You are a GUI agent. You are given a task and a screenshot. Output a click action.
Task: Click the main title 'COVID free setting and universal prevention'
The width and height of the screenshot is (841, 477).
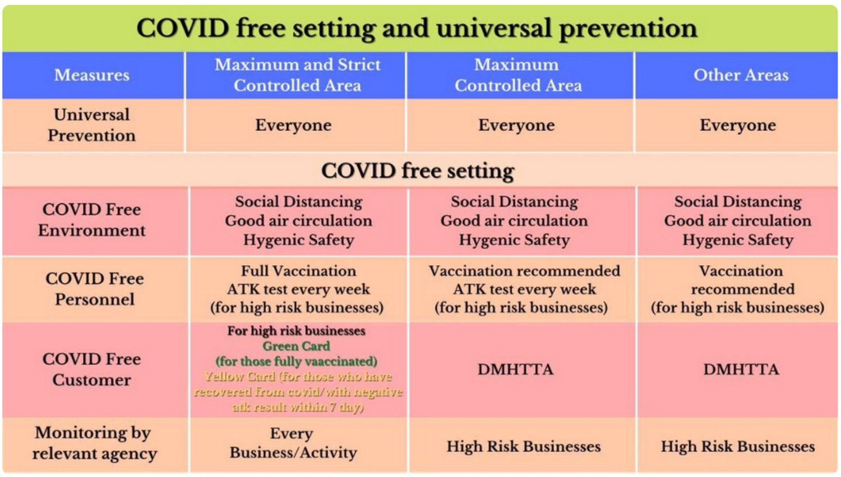click(x=417, y=29)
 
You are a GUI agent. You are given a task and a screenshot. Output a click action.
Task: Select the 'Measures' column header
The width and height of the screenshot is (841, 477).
click(x=92, y=75)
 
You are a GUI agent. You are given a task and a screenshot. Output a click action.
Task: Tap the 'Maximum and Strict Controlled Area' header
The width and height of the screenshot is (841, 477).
click(x=297, y=75)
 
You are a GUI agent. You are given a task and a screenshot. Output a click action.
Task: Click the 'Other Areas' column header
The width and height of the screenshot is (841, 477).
click(x=741, y=75)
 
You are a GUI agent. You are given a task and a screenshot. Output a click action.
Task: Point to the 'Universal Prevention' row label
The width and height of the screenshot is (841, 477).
click(x=92, y=125)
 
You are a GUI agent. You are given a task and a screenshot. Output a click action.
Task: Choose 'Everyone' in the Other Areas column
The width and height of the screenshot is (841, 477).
click(x=738, y=126)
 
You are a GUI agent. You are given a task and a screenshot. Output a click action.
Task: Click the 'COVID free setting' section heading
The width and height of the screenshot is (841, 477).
click(x=418, y=172)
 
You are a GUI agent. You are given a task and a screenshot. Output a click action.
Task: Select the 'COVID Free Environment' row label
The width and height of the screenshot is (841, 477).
click(x=92, y=220)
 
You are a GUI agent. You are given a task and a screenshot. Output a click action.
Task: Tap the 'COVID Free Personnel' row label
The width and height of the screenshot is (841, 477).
click(x=95, y=289)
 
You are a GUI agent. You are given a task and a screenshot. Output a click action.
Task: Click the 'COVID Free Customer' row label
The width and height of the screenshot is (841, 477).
click(x=92, y=370)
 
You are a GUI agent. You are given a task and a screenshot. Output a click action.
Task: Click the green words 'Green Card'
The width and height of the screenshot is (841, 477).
click(x=296, y=346)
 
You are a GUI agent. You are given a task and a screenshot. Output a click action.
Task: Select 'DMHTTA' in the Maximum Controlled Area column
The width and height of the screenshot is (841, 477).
click(x=515, y=370)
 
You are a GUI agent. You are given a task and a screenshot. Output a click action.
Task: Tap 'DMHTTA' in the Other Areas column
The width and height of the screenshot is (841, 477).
click(x=741, y=370)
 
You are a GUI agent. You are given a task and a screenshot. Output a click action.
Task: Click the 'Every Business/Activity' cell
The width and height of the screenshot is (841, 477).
click(x=293, y=443)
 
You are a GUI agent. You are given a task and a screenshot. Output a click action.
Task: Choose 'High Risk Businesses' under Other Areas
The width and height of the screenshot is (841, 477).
click(x=738, y=447)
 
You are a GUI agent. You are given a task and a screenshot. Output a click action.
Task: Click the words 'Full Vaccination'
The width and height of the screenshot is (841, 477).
click(x=298, y=271)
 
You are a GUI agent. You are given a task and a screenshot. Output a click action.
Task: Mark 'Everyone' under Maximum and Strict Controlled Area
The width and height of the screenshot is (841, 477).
click(x=293, y=126)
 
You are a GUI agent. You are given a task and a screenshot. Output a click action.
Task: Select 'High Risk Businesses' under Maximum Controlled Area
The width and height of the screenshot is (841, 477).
click(x=523, y=447)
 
